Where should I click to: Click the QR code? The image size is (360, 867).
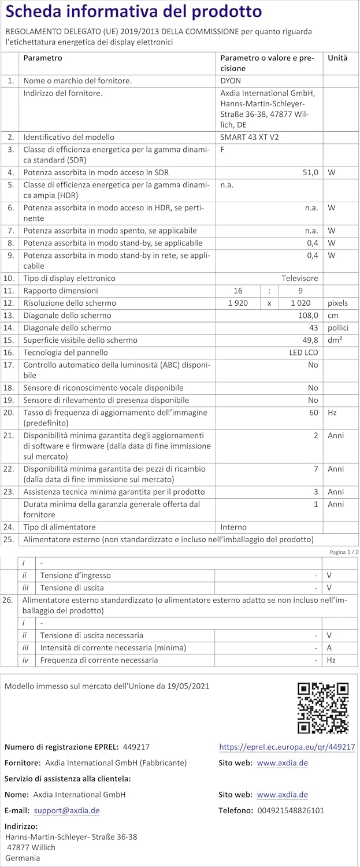pos(322,707)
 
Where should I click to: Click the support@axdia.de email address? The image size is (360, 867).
pos(66,810)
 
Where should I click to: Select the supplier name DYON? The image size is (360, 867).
pos(231,81)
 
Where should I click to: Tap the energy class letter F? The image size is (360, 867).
pos(223,149)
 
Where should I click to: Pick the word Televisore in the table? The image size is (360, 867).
pos(299,278)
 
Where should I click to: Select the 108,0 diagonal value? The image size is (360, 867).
pos(307,316)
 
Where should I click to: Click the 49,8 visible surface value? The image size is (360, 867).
pos(310,340)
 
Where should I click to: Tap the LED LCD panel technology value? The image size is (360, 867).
pos(303,352)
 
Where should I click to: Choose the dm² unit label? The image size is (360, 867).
pos(335,340)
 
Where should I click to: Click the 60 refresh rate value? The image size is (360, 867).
pos(314,413)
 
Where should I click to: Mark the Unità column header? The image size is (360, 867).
pos(337,58)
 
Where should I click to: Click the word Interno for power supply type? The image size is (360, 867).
pos(233,527)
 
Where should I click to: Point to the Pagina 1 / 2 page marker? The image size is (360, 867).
pos(344,552)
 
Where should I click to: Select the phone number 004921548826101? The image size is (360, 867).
pos(288,810)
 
